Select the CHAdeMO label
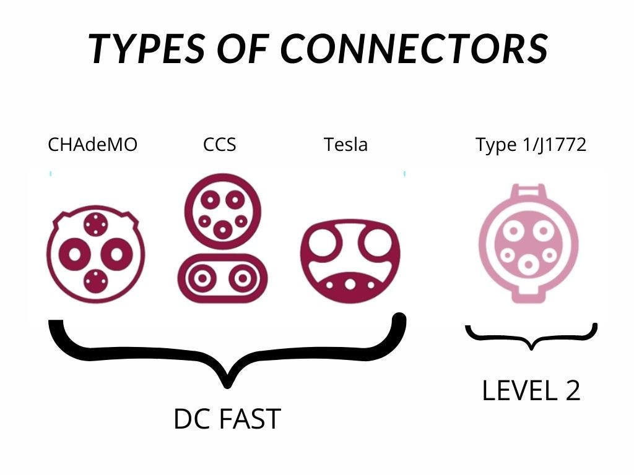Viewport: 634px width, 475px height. pyautogui.click(x=93, y=145)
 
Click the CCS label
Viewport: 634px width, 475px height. pyautogui.click(x=220, y=145)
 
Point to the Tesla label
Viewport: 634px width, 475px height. pyautogui.click(x=345, y=145)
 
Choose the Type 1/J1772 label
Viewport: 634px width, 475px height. pyautogui.click(x=531, y=145)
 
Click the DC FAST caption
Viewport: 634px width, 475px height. pyautogui.click(x=227, y=419)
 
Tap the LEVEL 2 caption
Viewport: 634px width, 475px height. pyautogui.click(x=531, y=390)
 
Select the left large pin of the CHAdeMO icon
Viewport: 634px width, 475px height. pyautogui.click(x=75, y=254)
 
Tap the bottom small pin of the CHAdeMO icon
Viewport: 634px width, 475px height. pyautogui.click(x=95, y=281)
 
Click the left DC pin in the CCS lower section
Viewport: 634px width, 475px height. pyautogui.click(x=202, y=278)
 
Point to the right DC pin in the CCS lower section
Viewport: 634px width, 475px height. pyautogui.click(x=243, y=278)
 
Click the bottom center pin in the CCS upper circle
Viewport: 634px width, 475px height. pyautogui.click(x=222, y=230)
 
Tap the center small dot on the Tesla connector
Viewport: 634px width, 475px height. pyautogui.click(x=350, y=285)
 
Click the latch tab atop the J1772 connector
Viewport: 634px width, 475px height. pyautogui.click(x=529, y=190)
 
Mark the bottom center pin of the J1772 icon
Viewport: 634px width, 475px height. pyautogui.click(x=528, y=265)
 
